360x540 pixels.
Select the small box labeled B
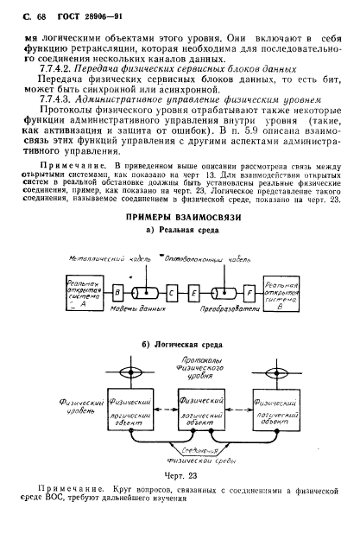pos(117,293)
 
